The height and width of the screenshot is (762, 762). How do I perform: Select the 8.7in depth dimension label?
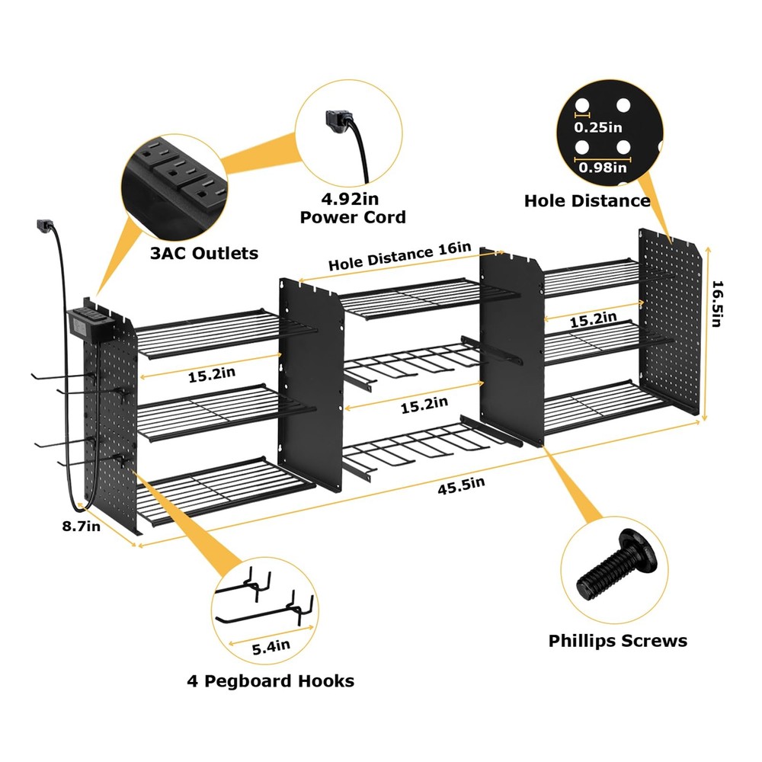pos(82,527)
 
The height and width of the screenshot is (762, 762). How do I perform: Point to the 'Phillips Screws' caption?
pos(617,641)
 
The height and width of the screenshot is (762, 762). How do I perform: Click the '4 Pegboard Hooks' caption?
pos(271,680)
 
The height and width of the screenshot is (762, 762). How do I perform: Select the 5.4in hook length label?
pos(271,647)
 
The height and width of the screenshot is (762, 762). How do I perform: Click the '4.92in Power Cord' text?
pos(352,208)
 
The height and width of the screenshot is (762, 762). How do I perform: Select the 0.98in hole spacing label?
pos(601,168)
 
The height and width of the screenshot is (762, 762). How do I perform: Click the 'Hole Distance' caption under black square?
pos(587,200)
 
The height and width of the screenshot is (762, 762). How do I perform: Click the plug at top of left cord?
pos(44,226)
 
